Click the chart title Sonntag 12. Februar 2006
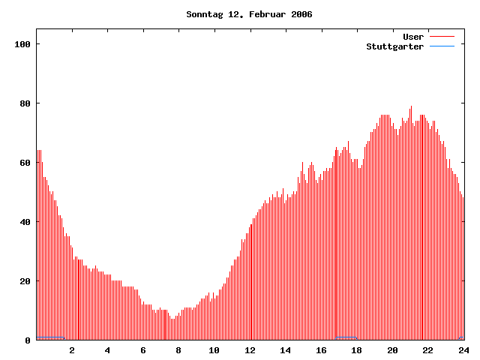coord(249,14)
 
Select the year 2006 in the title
coord(301,14)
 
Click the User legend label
coord(413,37)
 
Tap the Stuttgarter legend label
coord(394,46)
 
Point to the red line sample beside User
coord(442,37)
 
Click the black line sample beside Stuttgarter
coord(442,46)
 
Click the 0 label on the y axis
coord(27,340)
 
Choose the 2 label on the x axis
coord(72,350)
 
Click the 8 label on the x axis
coord(178,350)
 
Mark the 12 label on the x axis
coord(250,350)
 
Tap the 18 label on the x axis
coord(356,350)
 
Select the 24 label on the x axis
coord(463,350)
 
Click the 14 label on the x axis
coord(285,350)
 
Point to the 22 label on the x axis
coord(427,350)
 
